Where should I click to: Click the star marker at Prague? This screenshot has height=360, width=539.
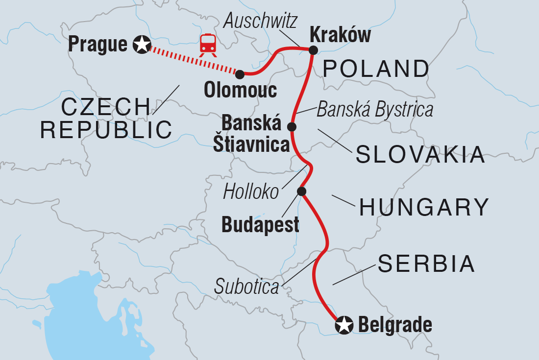pos(142,45)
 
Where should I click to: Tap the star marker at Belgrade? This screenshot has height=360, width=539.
pos(344,325)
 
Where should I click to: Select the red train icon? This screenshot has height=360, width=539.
pos(208,44)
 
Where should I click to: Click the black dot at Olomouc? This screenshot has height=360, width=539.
pos(240,74)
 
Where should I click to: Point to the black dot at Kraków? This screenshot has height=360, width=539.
pos(313,49)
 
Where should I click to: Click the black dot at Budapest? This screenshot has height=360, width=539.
pos(302,191)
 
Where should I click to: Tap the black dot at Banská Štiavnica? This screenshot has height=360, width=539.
pos(292,127)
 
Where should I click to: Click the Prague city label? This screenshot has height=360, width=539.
pos(98,45)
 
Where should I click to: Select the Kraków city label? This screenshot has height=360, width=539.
pos(340,35)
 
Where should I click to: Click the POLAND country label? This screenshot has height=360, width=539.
pos(376,70)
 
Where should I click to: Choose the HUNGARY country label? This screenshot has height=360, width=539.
pos(424,208)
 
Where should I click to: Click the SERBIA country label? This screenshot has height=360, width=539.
pos(426,264)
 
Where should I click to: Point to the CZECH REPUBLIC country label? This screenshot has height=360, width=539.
pos(106,118)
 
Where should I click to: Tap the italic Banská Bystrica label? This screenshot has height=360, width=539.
pos(375,110)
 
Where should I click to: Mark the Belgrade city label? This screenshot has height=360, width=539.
pos(395,325)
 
